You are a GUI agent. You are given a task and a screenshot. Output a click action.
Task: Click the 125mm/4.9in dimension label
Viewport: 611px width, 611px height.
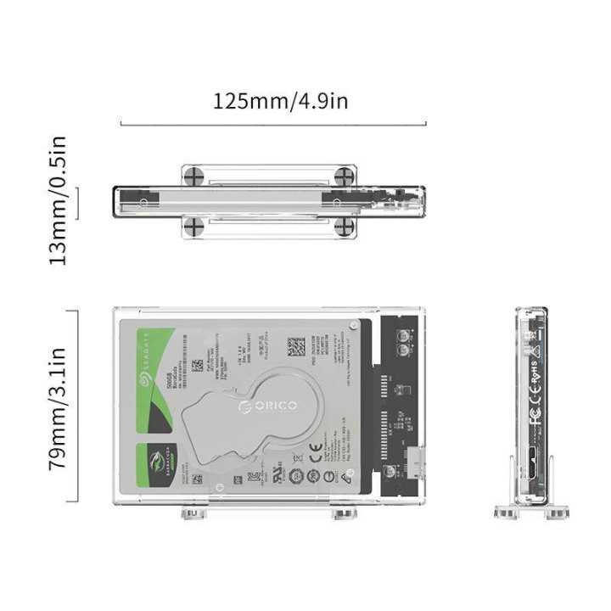tap(280, 102)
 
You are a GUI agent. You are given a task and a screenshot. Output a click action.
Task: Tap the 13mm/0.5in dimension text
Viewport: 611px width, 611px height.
tap(59, 200)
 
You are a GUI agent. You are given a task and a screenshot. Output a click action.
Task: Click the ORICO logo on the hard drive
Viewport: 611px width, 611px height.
tap(267, 407)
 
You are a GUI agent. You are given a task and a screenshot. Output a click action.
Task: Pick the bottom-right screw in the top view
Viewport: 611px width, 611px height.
tap(344, 226)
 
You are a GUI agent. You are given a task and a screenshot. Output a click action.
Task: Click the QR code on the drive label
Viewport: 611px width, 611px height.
tap(294, 347)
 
